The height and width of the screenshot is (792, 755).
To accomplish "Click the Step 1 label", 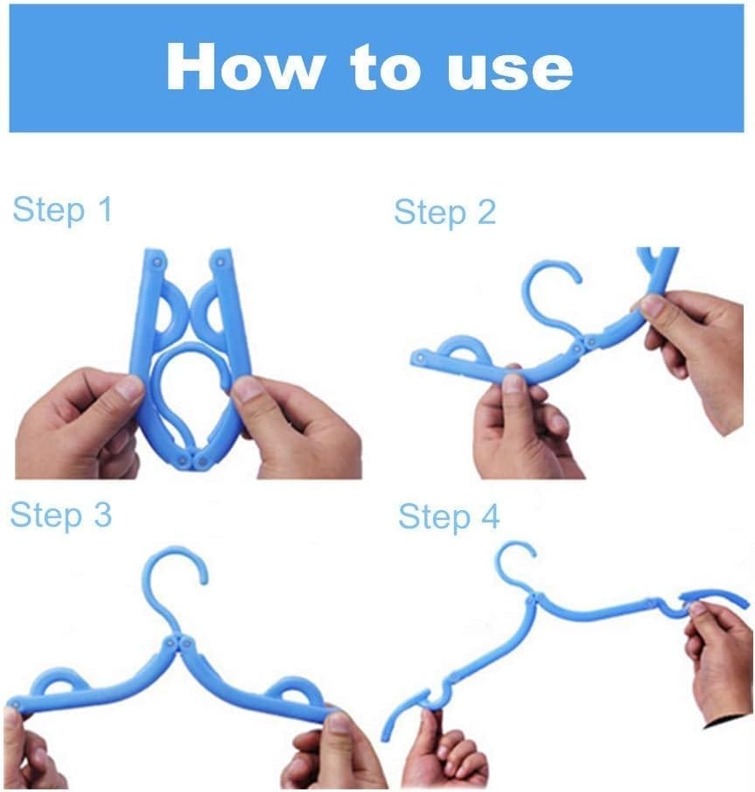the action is point(62,210).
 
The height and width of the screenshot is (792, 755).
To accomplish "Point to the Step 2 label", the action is point(445,213).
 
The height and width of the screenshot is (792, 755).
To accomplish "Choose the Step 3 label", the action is point(60,515).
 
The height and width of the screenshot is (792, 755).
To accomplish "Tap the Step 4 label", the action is point(449,517).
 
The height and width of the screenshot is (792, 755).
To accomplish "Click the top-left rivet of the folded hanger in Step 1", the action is point(157,263).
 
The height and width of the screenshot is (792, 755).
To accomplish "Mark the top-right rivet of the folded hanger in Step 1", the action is point(220,263).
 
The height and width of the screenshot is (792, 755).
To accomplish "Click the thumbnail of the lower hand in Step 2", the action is point(514,382).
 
